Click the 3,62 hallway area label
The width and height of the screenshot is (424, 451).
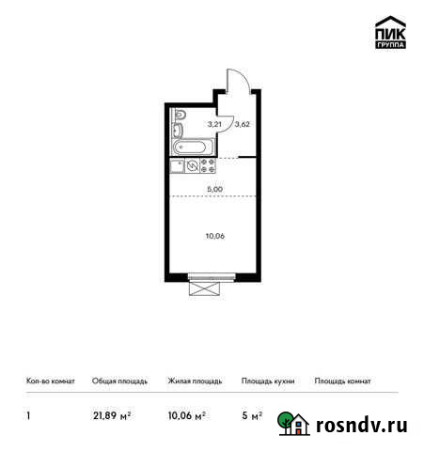(242, 123)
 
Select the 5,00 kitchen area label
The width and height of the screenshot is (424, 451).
(214, 189)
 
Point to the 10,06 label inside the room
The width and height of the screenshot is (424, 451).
(214, 236)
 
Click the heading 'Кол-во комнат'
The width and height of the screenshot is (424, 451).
(48, 381)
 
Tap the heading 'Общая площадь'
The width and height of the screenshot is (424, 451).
(119, 381)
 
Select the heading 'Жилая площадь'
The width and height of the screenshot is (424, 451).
(195, 381)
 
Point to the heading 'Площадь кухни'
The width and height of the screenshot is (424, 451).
(268, 381)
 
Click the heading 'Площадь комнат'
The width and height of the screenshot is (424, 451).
(342, 381)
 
